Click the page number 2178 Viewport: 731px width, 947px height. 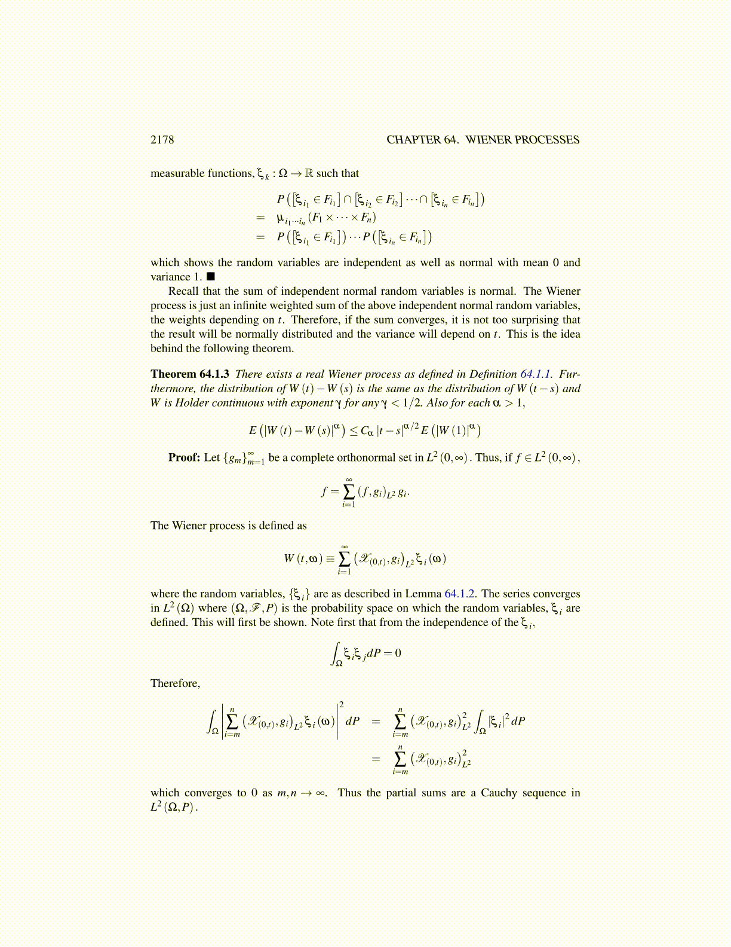click(x=162, y=140)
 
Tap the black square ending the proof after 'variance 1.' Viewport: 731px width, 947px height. click(x=210, y=277)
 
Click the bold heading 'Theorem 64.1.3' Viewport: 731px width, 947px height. click(x=189, y=374)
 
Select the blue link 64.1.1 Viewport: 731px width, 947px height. click(x=536, y=374)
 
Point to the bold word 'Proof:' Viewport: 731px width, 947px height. click(x=184, y=458)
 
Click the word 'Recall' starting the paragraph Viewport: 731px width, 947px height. click(x=185, y=291)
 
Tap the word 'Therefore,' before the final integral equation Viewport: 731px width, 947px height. click(x=175, y=683)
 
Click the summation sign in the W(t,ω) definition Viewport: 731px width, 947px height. click(x=345, y=559)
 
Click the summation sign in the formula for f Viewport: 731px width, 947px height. click(x=349, y=491)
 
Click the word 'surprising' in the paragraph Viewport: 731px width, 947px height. click(x=530, y=320)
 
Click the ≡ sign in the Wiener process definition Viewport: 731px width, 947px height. click(x=330, y=560)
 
